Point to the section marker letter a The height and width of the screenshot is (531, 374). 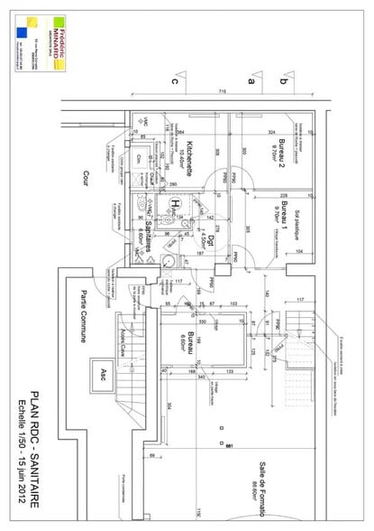click(x=252, y=80)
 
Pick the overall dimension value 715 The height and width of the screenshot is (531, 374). click(x=222, y=92)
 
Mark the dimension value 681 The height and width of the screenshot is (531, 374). click(x=229, y=444)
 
